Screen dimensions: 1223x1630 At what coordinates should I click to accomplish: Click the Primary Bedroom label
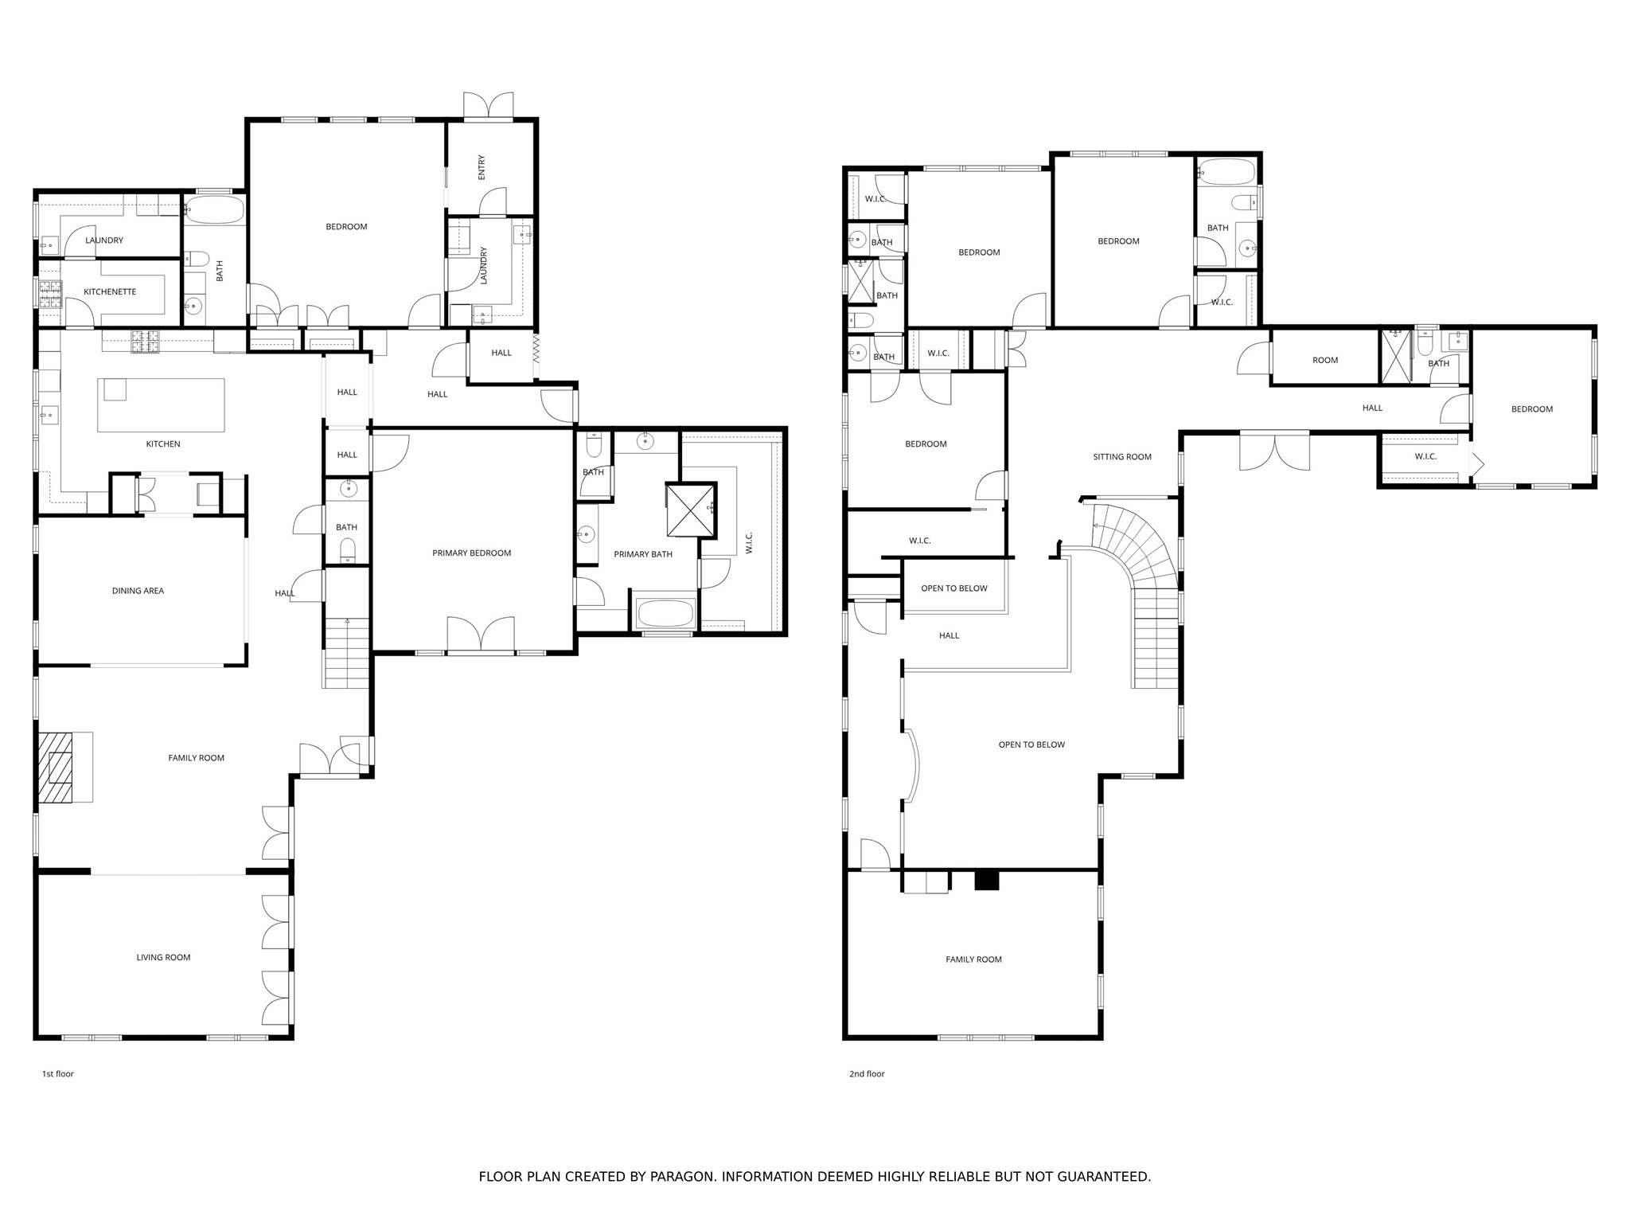471,553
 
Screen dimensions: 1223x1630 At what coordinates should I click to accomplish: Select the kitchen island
161,405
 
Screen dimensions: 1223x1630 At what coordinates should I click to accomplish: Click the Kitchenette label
110,292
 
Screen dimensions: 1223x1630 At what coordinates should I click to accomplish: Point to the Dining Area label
138,591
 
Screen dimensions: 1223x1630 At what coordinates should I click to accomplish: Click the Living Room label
163,958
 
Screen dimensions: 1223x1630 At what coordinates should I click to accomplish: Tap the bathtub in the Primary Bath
665,613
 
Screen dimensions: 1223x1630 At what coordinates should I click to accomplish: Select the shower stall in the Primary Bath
689,510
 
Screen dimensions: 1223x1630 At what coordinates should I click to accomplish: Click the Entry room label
482,167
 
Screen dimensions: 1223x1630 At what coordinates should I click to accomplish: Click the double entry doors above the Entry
489,107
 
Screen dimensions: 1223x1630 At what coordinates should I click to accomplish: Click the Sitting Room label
1122,457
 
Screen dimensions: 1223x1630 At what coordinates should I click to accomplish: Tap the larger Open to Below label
1031,745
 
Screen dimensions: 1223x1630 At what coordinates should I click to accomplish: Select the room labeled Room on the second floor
1324,361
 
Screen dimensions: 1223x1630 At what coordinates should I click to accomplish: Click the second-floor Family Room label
973,960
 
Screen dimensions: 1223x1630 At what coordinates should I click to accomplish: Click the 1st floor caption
57,1074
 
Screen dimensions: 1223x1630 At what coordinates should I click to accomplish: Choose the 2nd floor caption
867,1074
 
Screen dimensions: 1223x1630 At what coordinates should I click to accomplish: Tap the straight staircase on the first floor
346,653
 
